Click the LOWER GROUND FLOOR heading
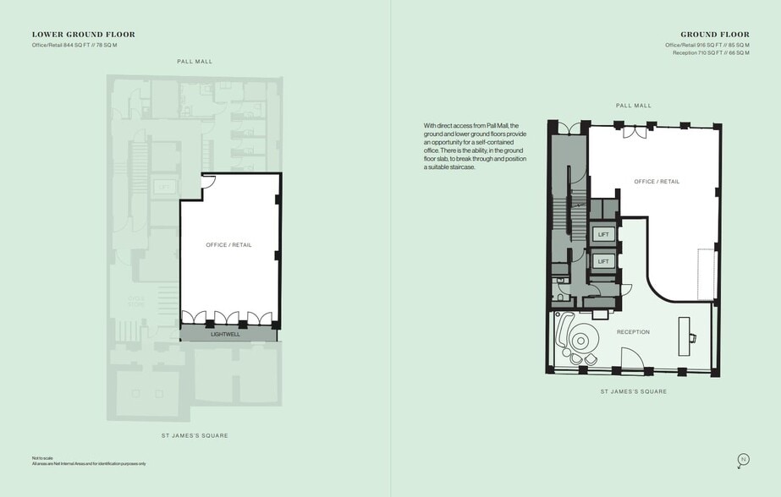tap(83, 35)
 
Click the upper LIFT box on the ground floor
tap(603, 234)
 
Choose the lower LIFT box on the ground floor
tap(603, 262)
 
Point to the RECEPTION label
tap(633, 332)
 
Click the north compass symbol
tap(743, 460)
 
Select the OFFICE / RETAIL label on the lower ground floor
tap(228, 245)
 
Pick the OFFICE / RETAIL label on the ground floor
tap(657, 182)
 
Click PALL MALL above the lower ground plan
tap(195, 62)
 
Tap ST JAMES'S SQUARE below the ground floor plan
tap(633, 391)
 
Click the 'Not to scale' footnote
tap(42, 458)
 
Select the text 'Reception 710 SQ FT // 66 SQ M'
tap(711, 52)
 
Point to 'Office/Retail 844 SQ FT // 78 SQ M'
tap(74, 44)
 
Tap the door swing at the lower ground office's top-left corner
tap(209, 180)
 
